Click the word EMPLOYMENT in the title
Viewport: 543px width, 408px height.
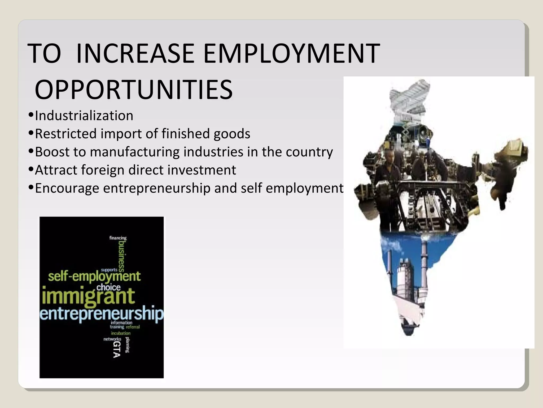pyautogui.click(x=291, y=53)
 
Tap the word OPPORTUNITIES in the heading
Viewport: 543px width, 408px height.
pyautogui.click(x=134, y=90)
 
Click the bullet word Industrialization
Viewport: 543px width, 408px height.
pyautogui.click(x=84, y=116)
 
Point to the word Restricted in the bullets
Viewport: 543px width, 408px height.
pyautogui.click(x=65, y=134)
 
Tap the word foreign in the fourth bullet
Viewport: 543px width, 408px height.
pyautogui.click(x=103, y=170)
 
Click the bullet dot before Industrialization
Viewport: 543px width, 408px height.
pyautogui.click(x=31, y=115)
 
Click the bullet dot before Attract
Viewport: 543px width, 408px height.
pyautogui.click(x=31, y=169)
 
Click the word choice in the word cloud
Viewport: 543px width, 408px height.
pyautogui.click(x=108, y=287)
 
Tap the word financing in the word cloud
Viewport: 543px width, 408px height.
pyautogui.click(x=118, y=238)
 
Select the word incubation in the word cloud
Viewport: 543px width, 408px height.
pyautogui.click(x=121, y=333)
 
